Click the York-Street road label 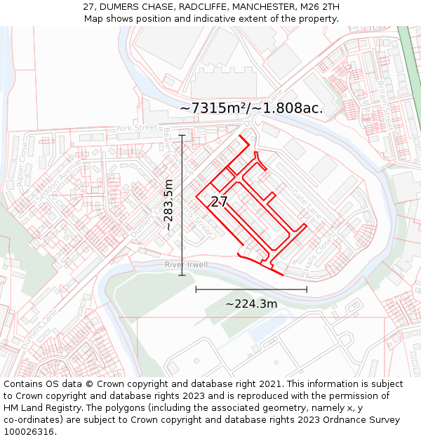pos(137,129)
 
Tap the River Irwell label pos(186,265)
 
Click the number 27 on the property pos(219,202)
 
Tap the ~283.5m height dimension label pos(168,205)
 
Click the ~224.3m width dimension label pos(251,304)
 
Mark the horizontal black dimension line pos(251,289)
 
